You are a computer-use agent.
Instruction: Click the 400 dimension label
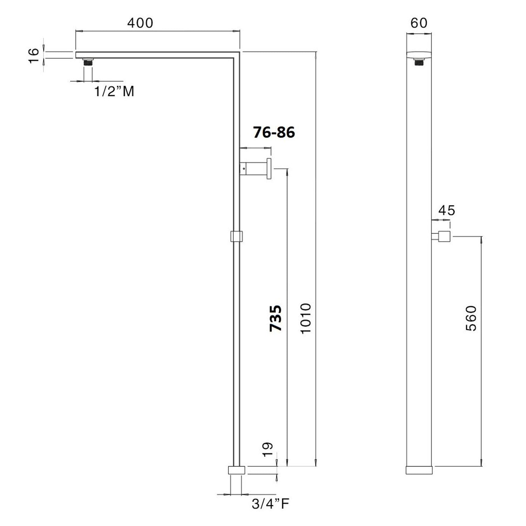[x=140, y=23]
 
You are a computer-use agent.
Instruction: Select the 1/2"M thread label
[x=114, y=92]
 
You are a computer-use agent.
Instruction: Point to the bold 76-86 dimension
[x=274, y=133]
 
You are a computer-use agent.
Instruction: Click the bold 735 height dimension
[x=276, y=318]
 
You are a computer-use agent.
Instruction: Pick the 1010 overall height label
[x=305, y=318]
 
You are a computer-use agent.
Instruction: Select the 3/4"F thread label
[x=270, y=504]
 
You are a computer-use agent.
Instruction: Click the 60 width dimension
[x=419, y=23]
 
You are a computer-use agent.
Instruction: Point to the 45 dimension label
[x=446, y=210]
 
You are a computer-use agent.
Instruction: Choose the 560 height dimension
[x=471, y=318]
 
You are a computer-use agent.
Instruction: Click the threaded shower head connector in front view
[x=88, y=62]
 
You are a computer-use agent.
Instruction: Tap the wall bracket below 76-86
[x=255, y=169]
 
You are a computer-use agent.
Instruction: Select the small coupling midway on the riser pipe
[x=237, y=236]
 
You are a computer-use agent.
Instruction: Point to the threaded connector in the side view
[x=419, y=62]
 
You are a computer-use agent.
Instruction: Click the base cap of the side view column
[x=419, y=470]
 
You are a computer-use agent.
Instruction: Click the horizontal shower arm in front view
[x=154, y=55]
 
